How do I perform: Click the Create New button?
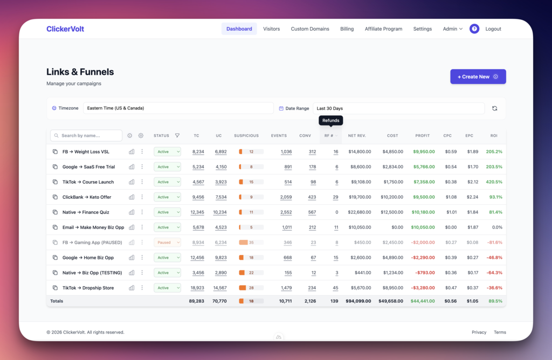(x=478, y=77)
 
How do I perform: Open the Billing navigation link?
(x=347, y=29)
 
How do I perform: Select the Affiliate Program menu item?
(x=383, y=29)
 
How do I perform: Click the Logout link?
(x=493, y=29)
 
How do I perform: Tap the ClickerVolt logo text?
(x=65, y=29)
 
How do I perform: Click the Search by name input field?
(x=86, y=136)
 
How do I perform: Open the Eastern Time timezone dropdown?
(x=178, y=108)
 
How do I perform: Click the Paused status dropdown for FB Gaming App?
(x=167, y=243)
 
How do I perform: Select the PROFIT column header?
(x=422, y=136)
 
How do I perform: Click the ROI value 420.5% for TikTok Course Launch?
(x=494, y=182)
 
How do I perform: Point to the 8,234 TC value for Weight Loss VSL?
(x=198, y=152)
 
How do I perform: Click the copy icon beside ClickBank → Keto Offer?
(x=55, y=197)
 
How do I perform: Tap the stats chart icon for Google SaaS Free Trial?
(x=132, y=167)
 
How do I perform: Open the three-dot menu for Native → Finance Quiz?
(x=142, y=212)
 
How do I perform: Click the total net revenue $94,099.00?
(x=358, y=301)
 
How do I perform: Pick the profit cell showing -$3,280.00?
(x=423, y=288)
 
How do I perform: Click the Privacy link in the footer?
(x=479, y=333)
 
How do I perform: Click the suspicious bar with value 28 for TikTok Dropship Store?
(x=251, y=288)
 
